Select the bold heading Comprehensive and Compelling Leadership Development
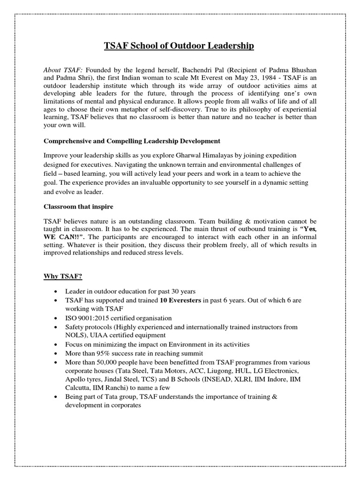[x=132, y=141]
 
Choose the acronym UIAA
[x=106, y=335]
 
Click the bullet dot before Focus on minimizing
[x=56, y=345]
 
